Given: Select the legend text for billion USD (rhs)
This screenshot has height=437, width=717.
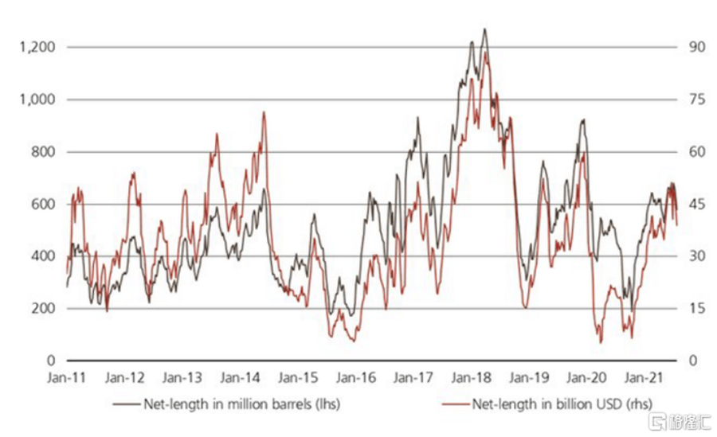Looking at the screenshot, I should coord(549,403).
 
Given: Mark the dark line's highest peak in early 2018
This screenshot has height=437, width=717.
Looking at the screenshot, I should coord(484,29).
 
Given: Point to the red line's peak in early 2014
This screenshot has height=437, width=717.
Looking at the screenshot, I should coord(264,112).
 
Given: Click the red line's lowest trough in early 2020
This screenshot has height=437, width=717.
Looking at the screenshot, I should coord(601,342).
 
